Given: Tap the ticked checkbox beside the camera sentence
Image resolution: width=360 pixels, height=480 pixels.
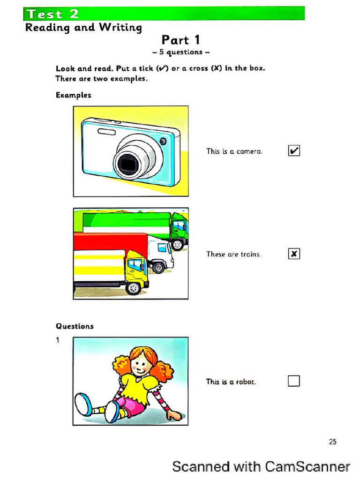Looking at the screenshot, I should (294, 151).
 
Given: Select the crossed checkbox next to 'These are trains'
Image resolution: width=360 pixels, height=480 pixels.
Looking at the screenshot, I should (294, 254).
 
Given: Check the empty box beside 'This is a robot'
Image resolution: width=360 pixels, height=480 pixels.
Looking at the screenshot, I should (294, 381).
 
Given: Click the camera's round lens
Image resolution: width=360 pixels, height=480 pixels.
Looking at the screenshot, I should (127, 163).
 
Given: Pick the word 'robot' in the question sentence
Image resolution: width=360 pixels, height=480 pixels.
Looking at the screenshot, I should (246, 382).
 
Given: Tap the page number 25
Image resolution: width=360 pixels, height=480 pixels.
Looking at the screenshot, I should (333, 442).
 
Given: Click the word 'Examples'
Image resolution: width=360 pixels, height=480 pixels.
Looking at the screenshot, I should (73, 95).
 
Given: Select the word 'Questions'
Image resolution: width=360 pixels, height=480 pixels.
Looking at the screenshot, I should (75, 326).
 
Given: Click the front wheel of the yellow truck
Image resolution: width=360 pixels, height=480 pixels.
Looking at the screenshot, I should (134, 287).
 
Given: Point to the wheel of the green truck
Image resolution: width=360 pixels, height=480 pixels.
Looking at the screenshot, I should (178, 244).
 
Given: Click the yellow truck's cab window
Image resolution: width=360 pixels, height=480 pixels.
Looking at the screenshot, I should (135, 265).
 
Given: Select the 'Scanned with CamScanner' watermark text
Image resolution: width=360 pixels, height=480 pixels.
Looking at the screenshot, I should (261, 467).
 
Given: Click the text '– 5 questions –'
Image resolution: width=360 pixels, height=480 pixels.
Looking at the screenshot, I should (180, 52).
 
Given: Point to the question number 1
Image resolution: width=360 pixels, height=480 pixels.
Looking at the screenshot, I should (58, 340).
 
